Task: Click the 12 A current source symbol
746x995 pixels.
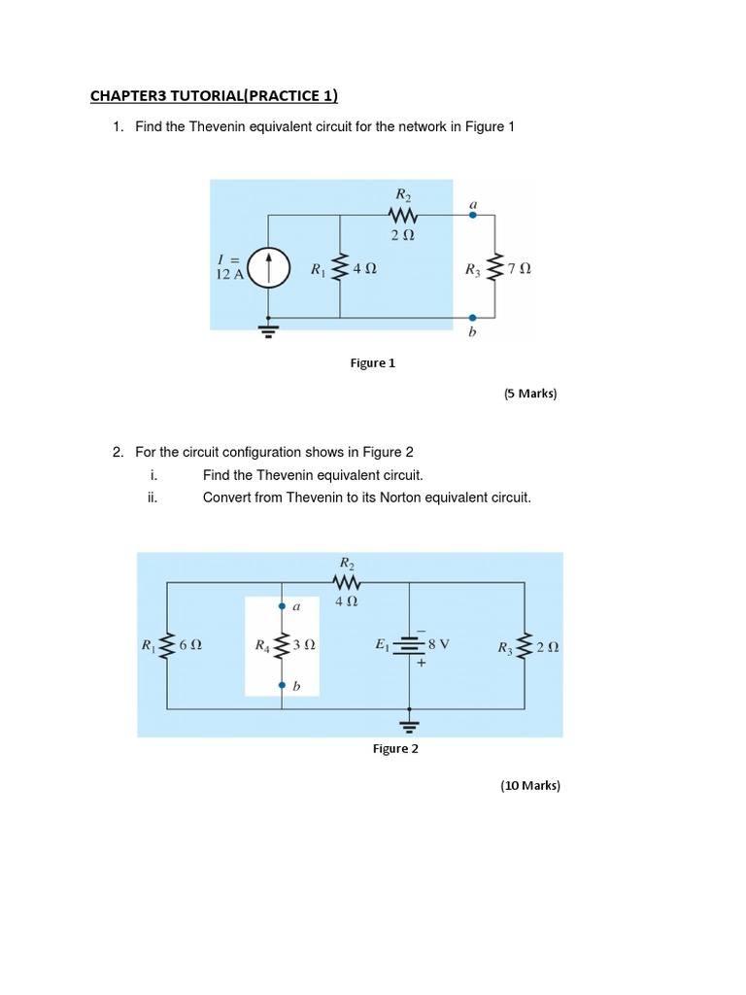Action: click(x=267, y=267)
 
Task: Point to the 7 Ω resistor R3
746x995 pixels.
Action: click(x=495, y=268)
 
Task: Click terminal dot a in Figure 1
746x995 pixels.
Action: click(x=473, y=217)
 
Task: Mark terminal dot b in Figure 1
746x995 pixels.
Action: click(x=473, y=318)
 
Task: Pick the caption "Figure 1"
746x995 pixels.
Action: click(x=373, y=363)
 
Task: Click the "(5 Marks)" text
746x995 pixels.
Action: click(x=530, y=394)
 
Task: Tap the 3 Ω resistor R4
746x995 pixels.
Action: click(x=282, y=644)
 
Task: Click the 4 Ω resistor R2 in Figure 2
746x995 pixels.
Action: click(x=347, y=583)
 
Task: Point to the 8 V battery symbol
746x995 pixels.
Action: click(x=409, y=645)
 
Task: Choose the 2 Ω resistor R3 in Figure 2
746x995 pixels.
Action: click(x=526, y=645)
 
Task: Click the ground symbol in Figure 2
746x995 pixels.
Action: click(x=409, y=725)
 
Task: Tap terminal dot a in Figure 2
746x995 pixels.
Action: click(x=282, y=605)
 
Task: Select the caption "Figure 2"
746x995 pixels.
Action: click(x=396, y=748)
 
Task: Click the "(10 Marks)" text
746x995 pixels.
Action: click(x=530, y=785)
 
